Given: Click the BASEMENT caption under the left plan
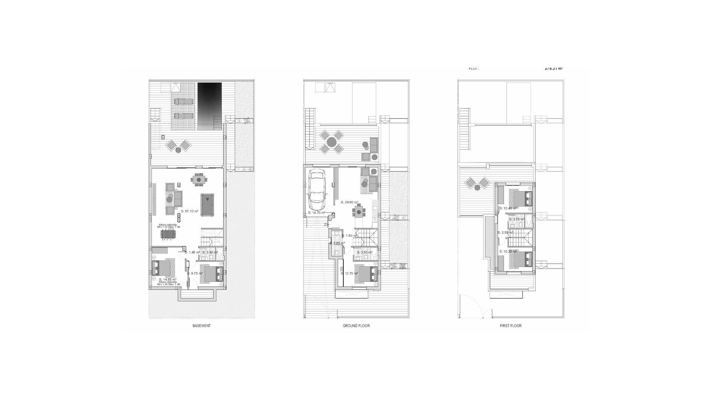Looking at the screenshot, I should (201, 326).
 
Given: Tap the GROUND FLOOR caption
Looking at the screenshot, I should (356, 326).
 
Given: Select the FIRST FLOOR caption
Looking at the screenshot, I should (511, 326).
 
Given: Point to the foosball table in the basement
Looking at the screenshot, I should (169, 234).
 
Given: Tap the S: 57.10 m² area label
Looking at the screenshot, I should (189, 211).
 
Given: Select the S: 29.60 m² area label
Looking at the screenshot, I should (349, 202).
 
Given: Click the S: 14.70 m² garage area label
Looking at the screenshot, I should (316, 213).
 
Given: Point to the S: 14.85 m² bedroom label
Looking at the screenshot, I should (167, 280).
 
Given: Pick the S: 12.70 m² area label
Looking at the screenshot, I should (349, 274).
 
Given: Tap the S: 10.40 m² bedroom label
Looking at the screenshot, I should (508, 208).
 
